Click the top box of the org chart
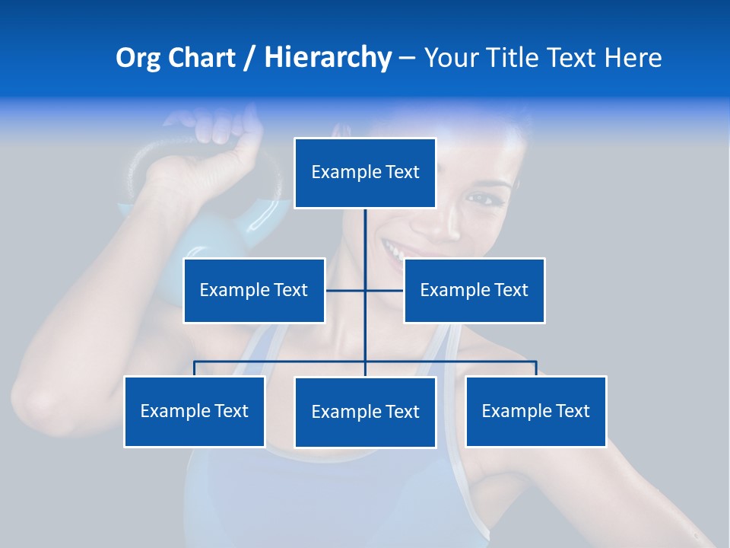(365, 173)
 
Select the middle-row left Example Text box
(254, 290)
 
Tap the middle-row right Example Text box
(474, 290)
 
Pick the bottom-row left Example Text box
(195, 411)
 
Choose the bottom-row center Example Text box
(365, 412)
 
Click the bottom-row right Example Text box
(535, 411)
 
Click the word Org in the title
(138, 59)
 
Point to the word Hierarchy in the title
(328, 59)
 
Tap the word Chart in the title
(202, 58)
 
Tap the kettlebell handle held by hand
(152, 152)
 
